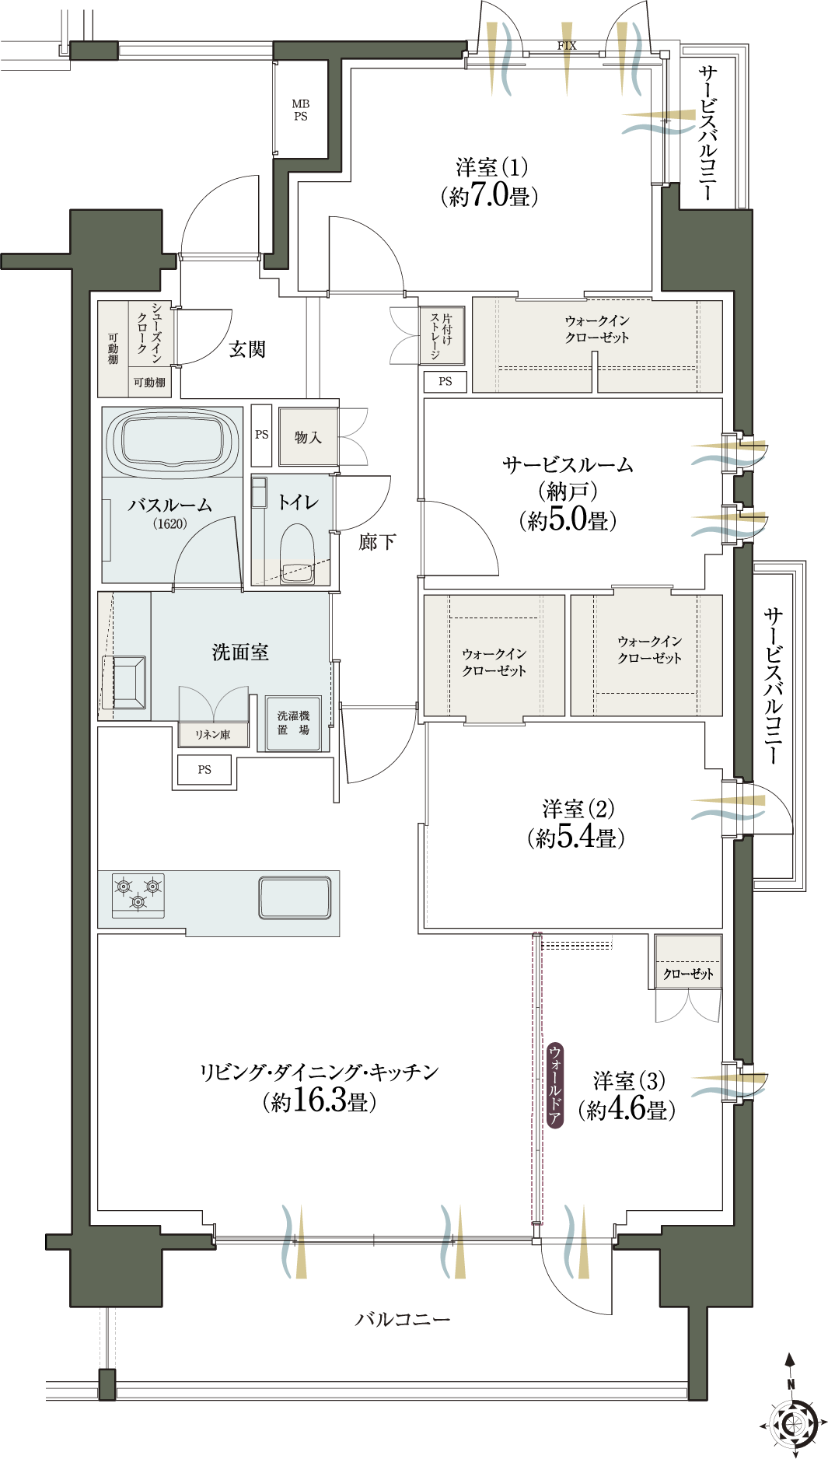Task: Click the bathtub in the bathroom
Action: pyautogui.click(x=173, y=442)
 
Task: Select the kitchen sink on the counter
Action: pyautogui.click(x=295, y=897)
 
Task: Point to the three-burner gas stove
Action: pyautogui.click(x=138, y=895)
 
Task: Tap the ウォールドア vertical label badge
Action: pyautogui.click(x=555, y=1085)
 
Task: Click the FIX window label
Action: pyautogui.click(x=567, y=46)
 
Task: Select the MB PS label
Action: pyautogui.click(x=301, y=110)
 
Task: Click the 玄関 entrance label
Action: pyautogui.click(x=247, y=349)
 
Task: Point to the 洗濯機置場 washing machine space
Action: pyautogui.click(x=293, y=723)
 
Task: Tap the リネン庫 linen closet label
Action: pyautogui.click(x=212, y=734)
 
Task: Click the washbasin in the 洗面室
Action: pyautogui.click(x=124, y=683)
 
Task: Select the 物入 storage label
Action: pyautogui.click(x=308, y=437)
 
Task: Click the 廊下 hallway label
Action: pyautogui.click(x=377, y=541)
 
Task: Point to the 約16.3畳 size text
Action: pyautogui.click(x=320, y=1101)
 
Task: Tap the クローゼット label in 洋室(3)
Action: pyautogui.click(x=688, y=974)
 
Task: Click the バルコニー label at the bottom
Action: pyautogui.click(x=403, y=1319)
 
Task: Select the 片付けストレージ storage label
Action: pyautogui.click(x=441, y=336)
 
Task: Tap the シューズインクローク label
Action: pyautogui.click(x=149, y=332)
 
